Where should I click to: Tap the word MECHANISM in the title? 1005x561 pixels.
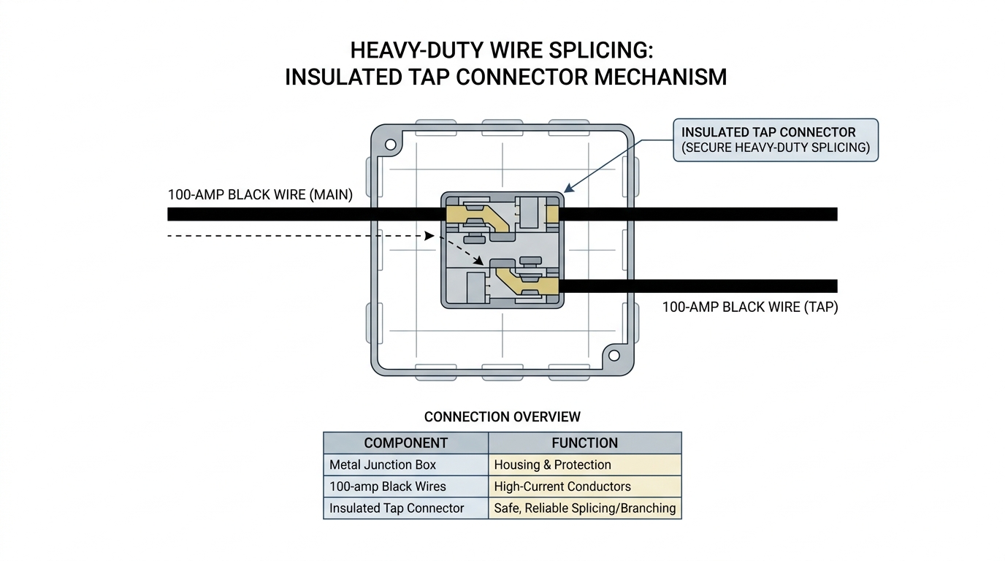(x=660, y=77)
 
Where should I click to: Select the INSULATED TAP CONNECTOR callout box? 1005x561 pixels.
(x=776, y=140)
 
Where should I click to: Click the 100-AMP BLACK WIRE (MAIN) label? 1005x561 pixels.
(x=260, y=195)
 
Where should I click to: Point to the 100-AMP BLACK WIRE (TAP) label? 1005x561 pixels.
(x=750, y=307)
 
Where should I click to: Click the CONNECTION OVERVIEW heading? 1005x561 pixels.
(x=502, y=417)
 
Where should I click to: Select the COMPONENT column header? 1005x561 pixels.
(x=405, y=443)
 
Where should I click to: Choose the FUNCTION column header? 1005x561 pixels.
(x=584, y=443)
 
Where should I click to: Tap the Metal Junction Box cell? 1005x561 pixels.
(x=405, y=465)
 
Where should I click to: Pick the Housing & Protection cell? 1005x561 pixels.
(x=584, y=465)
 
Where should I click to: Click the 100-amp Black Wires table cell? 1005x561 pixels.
(x=405, y=486)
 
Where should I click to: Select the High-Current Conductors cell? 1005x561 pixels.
(x=584, y=486)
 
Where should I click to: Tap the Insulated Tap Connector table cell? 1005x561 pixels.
(x=405, y=508)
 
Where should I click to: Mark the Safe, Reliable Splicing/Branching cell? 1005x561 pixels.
(x=584, y=508)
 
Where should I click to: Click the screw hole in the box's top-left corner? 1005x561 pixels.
(x=390, y=145)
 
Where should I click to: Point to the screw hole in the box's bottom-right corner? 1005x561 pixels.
(x=614, y=356)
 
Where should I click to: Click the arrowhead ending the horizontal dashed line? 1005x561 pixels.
(x=429, y=236)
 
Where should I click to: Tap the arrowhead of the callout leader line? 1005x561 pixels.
(x=568, y=188)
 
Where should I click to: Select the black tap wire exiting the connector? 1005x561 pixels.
(x=698, y=286)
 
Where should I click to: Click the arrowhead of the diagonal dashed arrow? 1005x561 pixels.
(x=479, y=261)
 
